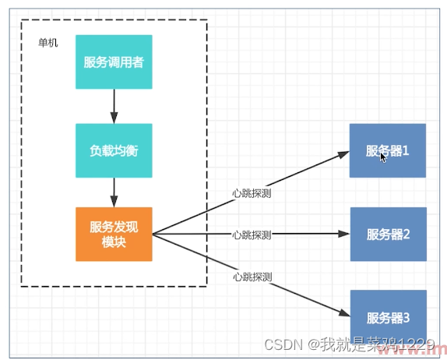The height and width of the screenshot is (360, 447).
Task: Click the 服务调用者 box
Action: point(114,62)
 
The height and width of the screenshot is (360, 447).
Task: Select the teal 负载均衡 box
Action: point(114,150)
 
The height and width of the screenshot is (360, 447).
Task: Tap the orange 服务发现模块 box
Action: point(114,234)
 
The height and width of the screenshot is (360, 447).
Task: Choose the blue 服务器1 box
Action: point(387,150)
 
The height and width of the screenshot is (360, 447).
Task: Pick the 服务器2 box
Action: point(387,234)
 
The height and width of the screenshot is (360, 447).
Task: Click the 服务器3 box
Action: point(387,316)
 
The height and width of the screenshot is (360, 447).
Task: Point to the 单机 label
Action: point(48,43)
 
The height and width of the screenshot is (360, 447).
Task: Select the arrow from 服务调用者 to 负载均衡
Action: point(114,105)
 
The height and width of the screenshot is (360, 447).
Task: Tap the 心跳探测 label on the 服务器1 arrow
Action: point(252,192)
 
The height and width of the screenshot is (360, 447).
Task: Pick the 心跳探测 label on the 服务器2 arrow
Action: point(252,235)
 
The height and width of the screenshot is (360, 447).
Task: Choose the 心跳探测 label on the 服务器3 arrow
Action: point(252,277)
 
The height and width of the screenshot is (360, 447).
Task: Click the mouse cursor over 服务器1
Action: point(383,157)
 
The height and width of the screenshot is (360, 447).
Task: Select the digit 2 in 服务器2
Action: point(406,234)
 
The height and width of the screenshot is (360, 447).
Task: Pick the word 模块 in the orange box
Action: point(114,242)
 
